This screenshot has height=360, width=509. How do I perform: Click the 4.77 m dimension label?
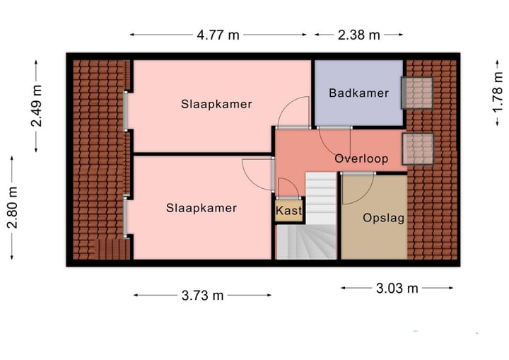tap(218, 35)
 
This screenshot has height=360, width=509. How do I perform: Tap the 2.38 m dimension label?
tap(358, 35)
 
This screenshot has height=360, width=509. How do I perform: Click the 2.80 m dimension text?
tap(12, 208)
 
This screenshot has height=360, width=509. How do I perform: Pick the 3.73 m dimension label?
tap(202, 296)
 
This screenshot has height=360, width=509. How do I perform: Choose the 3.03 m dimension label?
tap(397, 288)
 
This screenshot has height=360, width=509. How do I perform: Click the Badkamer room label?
tap(358, 93)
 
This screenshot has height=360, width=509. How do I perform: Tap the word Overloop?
tap(361, 158)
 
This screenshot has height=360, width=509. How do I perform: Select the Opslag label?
tap(383, 218)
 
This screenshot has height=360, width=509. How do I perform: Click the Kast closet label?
tap(288, 211)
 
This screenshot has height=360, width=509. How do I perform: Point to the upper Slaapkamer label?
tap(216, 104)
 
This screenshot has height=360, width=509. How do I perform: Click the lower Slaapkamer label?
tap(201, 208)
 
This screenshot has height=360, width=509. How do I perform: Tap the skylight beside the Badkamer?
tap(417, 93)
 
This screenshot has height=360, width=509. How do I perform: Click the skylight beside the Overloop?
tap(417, 147)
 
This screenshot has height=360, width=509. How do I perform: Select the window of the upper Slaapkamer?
tap(127, 111)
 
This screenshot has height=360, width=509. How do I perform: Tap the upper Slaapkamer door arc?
tap(293, 113)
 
